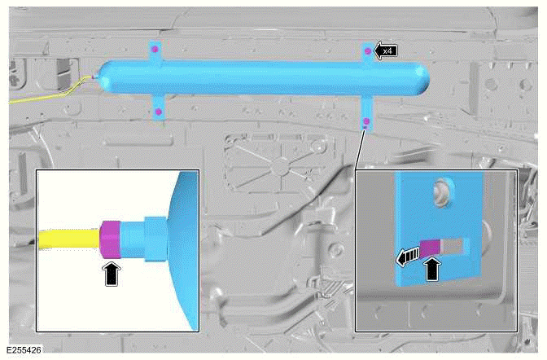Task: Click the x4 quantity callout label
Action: tap(387, 50)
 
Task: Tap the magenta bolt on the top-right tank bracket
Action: tap(369, 51)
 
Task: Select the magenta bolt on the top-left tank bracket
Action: tap(154, 50)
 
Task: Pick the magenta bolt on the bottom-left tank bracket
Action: tap(159, 110)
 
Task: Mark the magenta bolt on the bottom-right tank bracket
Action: tap(366, 122)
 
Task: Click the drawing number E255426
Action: tap(24, 351)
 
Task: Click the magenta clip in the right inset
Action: tap(428, 245)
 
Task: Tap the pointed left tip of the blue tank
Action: tap(97, 77)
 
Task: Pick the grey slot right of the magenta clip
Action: tap(452, 245)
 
